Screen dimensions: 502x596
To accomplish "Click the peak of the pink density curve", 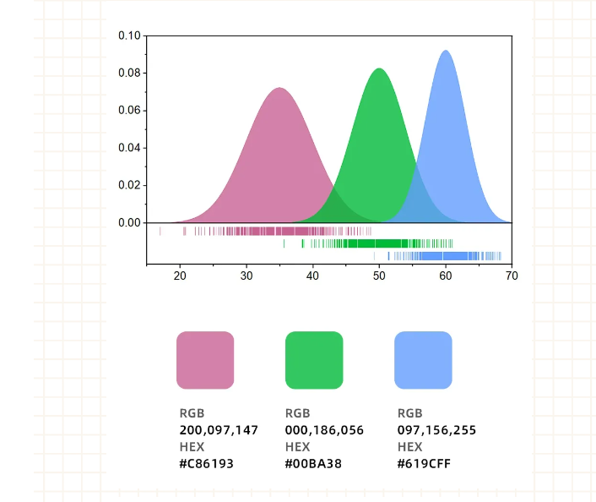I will (279, 89).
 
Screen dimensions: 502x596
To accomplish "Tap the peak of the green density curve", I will (379, 69).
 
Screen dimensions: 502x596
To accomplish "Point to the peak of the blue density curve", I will (446, 51).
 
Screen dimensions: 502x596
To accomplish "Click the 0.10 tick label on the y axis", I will (129, 35).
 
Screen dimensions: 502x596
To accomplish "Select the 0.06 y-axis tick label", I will (129, 110).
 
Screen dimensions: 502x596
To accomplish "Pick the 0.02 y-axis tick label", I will (129, 185).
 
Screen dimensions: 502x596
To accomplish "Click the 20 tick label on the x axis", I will (180, 276).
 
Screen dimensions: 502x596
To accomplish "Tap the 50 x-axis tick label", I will (379, 276).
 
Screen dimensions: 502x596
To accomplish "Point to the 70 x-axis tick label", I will (512, 276).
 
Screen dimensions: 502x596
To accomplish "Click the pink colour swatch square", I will (205, 360).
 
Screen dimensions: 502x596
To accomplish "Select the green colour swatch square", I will (314, 360).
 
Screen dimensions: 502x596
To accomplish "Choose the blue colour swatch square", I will (423, 360).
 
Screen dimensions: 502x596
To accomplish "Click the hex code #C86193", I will (207, 463).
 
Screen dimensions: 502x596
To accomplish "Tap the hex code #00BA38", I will (313, 463).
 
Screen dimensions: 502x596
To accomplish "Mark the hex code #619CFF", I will (424, 463).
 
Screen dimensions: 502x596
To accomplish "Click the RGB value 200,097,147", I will (219, 430).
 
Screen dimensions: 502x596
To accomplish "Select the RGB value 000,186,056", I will (324, 430).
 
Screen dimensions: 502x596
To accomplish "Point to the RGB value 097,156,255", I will (436, 430).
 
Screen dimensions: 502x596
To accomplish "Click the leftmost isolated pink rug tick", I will (160, 231).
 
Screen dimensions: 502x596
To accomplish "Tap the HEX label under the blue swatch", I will (410, 447).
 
